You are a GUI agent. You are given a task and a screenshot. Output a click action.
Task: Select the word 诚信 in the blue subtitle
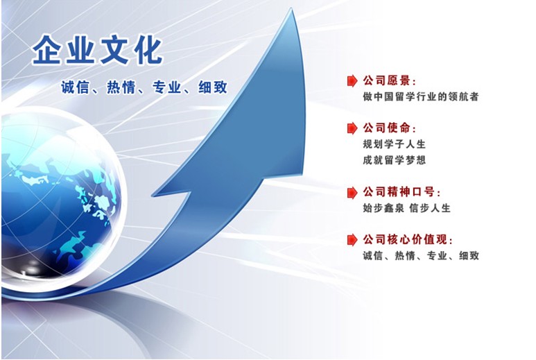point(75,87)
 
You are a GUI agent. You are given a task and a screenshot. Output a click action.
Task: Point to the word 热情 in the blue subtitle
point(121,87)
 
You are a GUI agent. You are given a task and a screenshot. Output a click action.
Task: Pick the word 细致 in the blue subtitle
point(213,87)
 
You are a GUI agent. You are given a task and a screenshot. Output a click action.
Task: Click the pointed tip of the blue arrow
point(292,9)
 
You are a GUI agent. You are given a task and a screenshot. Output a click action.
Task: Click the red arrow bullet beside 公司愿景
point(352,81)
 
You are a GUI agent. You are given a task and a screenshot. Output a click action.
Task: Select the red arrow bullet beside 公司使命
point(352,128)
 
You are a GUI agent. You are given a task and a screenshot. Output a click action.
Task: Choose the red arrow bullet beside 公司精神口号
point(352,192)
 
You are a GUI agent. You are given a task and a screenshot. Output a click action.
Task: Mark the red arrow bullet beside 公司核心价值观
point(352,240)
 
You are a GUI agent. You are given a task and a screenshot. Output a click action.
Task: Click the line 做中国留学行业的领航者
point(420,96)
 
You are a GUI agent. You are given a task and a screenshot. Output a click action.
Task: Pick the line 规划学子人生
point(394,144)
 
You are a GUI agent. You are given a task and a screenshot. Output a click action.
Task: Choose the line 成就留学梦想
point(394,160)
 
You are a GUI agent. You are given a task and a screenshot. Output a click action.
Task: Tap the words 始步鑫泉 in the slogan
point(383,208)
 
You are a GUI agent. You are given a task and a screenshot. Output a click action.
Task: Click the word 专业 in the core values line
point(438,255)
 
